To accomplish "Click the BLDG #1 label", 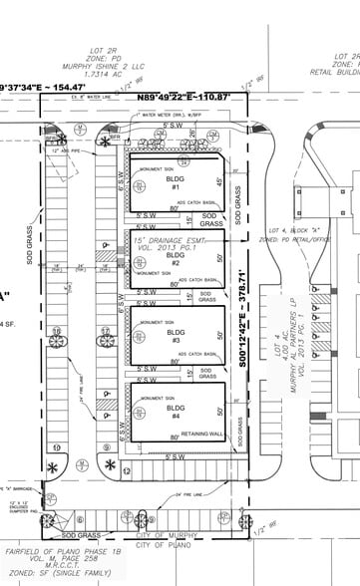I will click(x=175, y=183).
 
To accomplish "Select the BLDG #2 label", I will click(x=177, y=260).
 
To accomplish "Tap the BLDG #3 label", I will click(x=177, y=337).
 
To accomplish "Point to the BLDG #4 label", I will click(x=177, y=414).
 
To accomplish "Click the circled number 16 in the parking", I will click(x=57, y=332).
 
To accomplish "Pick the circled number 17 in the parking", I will click(x=104, y=332).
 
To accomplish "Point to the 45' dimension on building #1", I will click(x=218, y=181).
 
